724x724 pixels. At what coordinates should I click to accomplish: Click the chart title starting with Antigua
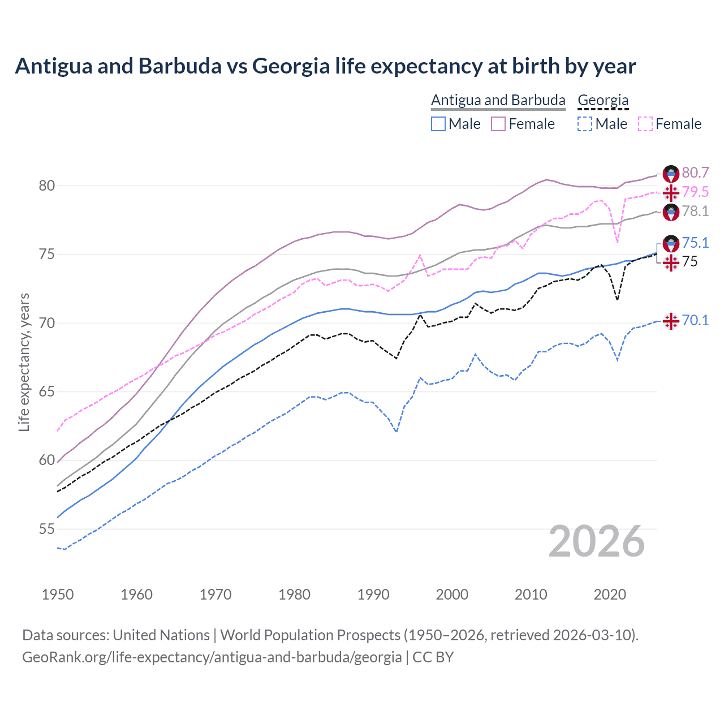click(x=325, y=66)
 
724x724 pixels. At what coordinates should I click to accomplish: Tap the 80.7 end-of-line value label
click(x=695, y=173)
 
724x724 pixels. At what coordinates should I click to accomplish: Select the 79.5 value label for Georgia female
click(x=695, y=192)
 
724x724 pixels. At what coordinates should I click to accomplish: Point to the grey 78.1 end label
click(x=695, y=211)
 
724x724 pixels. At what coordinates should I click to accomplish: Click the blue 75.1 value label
click(x=695, y=243)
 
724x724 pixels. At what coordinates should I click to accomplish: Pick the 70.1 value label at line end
click(x=695, y=320)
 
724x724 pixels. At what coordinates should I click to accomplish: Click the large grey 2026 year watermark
click(x=597, y=541)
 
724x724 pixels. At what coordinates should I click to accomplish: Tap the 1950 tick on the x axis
click(x=58, y=594)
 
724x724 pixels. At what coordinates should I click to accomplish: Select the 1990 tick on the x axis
click(x=373, y=594)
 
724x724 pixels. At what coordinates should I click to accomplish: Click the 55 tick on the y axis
click(x=47, y=529)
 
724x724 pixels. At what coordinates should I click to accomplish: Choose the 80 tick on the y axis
click(x=47, y=186)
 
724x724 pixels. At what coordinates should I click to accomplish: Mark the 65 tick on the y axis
click(x=47, y=392)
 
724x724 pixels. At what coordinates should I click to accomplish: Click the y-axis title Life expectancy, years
click(x=24, y=362)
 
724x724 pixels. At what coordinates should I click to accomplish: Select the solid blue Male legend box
click(x=438, y=124)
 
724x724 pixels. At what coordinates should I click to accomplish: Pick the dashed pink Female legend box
click(x=645, y=124)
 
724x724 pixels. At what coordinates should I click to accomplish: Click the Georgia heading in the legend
click(x=603, y=100)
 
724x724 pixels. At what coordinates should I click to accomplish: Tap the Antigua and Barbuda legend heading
click(x=498, y=100)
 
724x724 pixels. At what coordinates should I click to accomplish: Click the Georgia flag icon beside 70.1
click(x=671, y=321)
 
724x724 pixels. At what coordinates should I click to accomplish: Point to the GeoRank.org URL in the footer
click(x=212, y=657)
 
